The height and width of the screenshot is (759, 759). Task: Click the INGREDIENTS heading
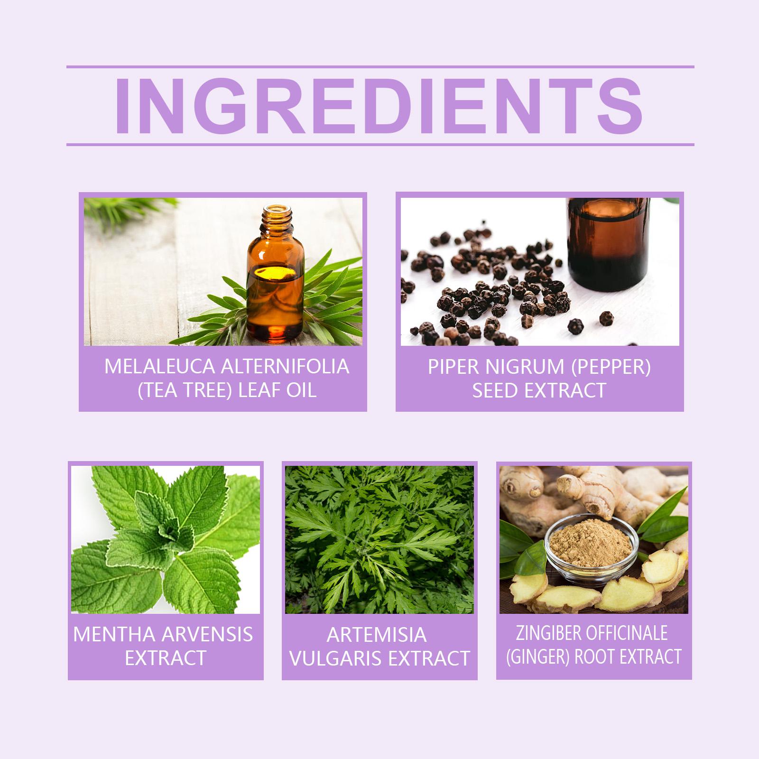(379, 106)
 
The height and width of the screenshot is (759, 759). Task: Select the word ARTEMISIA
(377, 635)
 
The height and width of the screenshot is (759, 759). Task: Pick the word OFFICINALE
(627, 633)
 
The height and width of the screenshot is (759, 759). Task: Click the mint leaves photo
(166, 539)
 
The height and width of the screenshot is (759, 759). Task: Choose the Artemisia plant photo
(379, 539)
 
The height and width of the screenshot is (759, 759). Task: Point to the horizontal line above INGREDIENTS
(380, 67)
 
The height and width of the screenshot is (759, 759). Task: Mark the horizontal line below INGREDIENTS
(380, 144)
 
